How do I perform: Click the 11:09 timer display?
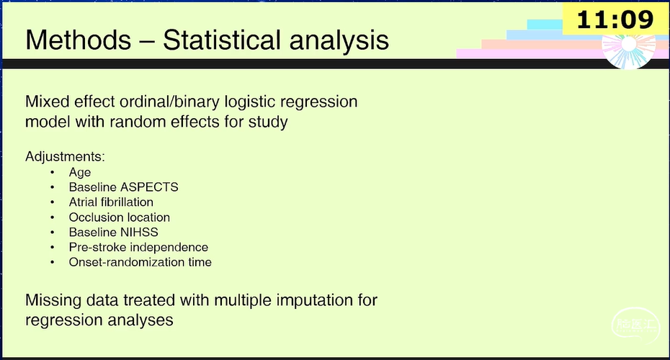point(615,19)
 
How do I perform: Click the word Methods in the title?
point(79,40)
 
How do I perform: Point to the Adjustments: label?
point(65,157)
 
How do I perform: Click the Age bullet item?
point(80,173)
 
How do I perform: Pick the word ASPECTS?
point(148,187)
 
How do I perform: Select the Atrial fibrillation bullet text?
point(111,202)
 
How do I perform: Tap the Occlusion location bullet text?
point(119,217)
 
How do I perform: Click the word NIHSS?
point(139,233)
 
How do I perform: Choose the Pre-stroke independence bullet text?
point(138,248)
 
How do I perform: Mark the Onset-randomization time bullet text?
point(140,262)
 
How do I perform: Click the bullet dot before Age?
point(52,173)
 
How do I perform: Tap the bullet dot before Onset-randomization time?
point(52,262)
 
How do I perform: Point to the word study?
point(268,122)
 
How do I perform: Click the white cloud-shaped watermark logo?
point(635,325)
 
